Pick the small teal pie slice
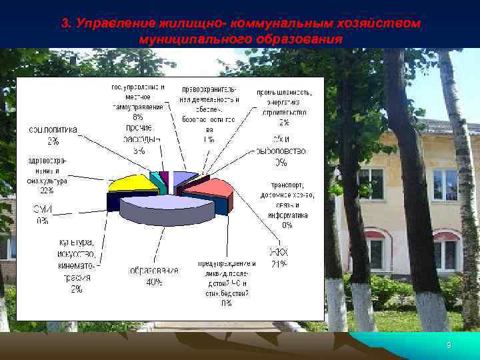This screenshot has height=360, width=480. pyautogui.click(x=156, y=179)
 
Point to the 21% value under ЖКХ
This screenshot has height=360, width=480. pyautogui.click(x=278, y=265)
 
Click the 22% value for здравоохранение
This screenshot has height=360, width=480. pyautogui.click(x=47, y=191)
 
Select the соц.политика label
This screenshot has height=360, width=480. pyautogui.click(x=52, y=130)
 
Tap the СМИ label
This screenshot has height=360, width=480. pyautogui.click(x=43, y=211)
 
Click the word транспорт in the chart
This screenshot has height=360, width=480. pyautogui.click(x=287, y=185)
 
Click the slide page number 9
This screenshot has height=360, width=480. pyautogui.click(x=449, y=345)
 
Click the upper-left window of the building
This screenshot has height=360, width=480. pyautogui.click(x=371, y=184)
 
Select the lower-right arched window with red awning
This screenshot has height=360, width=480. pyautogui.click(x=445, y=250)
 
